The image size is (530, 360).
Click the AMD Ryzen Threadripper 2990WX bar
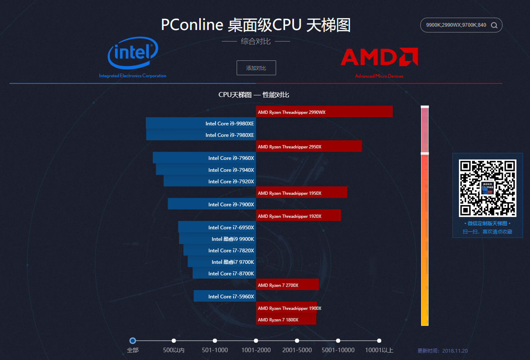pyautogui.click(x=324, y=112)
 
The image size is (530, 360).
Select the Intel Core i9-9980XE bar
pyautogui.click(x=201, y=123)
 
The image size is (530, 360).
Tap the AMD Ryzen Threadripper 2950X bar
pyautogui.click(x=309, y=146)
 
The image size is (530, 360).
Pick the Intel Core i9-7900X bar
pyautogui.click(x=212, y=204)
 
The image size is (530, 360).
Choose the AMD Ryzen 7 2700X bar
pyautogui.click(x=287, y=285)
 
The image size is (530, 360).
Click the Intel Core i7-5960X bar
pyautogui.click(x=225, y=296)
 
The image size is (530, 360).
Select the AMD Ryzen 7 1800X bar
pyautogui.click(x=286, y=319)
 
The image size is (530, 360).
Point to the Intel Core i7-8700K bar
pyautogui.click(x=224, y=273)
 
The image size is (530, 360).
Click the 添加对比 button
pyautogui.click(x=256, y=68)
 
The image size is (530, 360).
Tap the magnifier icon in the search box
pyautogui.click(x=494, y=25)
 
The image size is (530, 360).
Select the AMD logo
pyautogui.click(x=379, y=57)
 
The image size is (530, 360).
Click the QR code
pyautogui.click(x=487, y=188)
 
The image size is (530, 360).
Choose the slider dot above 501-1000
pyautogui.click(x=215, y=341)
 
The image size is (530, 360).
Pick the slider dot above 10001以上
pyautogui.click(x=379, y=341)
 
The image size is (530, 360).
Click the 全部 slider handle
pyautogui.click(x=133, y=341)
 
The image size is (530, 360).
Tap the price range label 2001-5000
pyautogui.click(x=297, y=351)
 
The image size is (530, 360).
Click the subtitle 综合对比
pyautogui.click(x=256, y=42)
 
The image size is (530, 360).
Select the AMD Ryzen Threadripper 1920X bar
pyautogui.click(x=298, y=216)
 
